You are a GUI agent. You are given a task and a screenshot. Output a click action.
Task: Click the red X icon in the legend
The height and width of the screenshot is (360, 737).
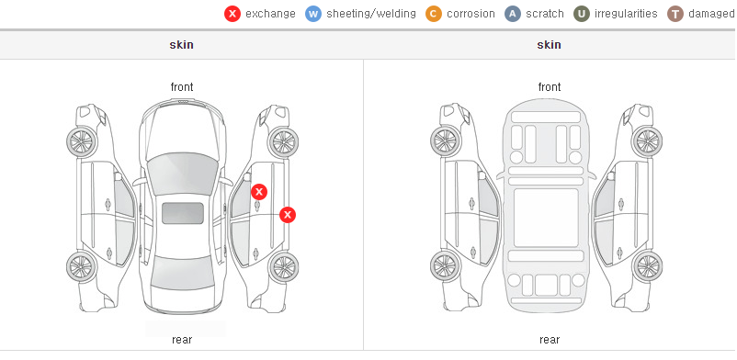coord(232,14)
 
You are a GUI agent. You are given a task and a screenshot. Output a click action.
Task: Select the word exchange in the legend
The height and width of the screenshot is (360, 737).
coord(270,14)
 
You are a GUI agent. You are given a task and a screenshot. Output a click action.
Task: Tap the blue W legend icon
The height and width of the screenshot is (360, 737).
coord(313,14)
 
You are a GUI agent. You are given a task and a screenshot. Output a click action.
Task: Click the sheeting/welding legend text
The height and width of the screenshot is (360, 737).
coord(371,14)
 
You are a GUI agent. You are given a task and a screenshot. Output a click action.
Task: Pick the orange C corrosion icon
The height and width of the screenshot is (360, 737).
coord(434,14)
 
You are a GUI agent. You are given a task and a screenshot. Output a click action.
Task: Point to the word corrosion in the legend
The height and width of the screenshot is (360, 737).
coord(471,14)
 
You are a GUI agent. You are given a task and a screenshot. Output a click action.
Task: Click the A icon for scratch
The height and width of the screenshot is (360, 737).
coord(513,14)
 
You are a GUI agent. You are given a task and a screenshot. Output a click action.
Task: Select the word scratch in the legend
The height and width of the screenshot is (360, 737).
coord(545,14)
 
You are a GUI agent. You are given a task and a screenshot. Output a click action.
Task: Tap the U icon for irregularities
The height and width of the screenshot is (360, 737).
coord(582,14)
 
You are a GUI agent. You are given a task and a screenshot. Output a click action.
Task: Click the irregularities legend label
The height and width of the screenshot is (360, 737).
coord(626,14)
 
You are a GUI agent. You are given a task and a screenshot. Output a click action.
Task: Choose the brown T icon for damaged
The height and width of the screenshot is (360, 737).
coord(675,14)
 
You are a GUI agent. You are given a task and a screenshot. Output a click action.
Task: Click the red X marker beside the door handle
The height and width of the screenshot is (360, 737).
coord(259,192)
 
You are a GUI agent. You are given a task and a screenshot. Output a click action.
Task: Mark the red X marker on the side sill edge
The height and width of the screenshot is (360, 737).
coord(288,215)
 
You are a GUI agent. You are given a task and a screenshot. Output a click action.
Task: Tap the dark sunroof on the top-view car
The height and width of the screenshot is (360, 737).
coord(183,213)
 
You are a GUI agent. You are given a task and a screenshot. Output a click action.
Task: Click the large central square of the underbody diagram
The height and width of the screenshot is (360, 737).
coord(546,218)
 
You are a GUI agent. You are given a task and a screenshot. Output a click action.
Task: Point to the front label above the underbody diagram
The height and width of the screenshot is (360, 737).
coord(550,87)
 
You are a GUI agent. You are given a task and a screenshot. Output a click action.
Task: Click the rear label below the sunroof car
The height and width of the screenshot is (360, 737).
coord(182,340)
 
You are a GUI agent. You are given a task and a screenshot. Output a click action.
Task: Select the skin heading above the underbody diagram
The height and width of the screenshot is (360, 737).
coord(549,45)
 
